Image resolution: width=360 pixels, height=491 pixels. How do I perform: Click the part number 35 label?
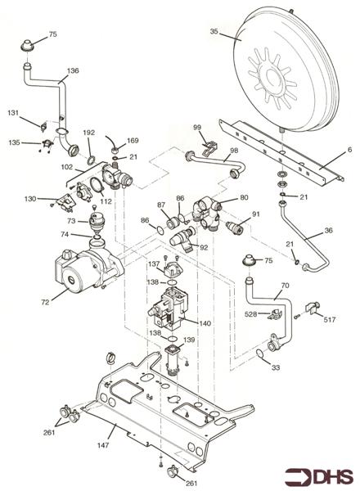214,31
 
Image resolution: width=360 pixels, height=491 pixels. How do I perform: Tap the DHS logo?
318,476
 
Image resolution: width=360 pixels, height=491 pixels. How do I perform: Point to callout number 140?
205,323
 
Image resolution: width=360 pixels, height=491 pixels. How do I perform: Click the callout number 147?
103,444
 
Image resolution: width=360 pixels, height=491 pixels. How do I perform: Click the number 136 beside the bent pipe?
73,70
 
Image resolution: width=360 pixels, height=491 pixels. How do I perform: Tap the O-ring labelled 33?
259,354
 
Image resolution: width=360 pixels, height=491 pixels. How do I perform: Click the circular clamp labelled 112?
97,185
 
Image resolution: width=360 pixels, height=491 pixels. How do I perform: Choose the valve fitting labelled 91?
234,227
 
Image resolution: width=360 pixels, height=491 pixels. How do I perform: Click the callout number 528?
250,313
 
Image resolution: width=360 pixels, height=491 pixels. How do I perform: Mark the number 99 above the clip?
197,128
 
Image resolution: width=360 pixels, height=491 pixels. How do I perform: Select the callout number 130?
30,199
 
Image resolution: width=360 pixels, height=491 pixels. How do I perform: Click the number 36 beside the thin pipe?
328,230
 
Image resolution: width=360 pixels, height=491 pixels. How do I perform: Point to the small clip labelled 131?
43,127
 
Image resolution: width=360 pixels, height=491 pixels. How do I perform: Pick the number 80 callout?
244,197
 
